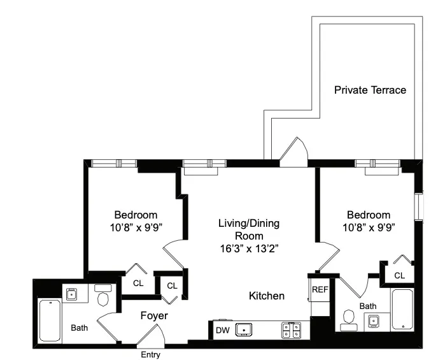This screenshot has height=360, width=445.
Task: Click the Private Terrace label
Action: [x=370, y=90]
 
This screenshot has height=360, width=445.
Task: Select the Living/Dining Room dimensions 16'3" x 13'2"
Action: [x=249, y=247]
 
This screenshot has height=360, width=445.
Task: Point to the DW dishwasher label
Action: [x=223, y=330]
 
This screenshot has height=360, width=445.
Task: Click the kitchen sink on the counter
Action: [x=244, y=330]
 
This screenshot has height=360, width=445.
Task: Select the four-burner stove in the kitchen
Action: [x=292, y=330]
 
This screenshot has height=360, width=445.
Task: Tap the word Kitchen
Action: [x=266, y=296]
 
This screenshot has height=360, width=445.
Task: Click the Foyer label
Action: [x=153, y=315]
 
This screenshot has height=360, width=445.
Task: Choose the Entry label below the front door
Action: [x=150, y=355]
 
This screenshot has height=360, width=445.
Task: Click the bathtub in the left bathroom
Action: [x=50, y=320]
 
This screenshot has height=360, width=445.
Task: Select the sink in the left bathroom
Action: [x=71, y=294]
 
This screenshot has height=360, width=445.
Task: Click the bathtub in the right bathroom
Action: [x=403, y=310]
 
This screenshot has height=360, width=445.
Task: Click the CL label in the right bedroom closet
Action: [x=399, y=275]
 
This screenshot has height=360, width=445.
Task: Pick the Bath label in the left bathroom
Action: [x=80, y=328]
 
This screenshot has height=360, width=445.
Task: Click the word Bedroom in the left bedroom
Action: [x=136, y=215]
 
